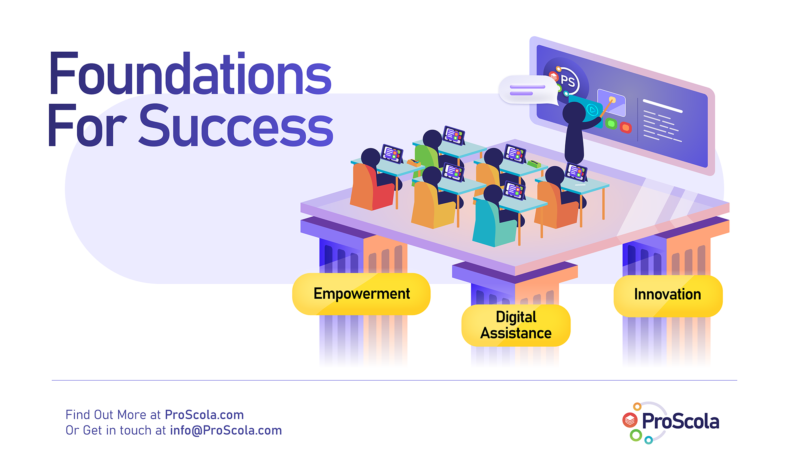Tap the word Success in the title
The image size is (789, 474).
[236, 125]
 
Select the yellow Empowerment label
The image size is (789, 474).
[361, 294]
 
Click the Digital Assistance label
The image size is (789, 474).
[516, 325]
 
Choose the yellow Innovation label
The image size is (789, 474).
[668, 296]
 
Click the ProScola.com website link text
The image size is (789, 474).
[204, 415]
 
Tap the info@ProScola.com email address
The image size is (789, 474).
[226, 431]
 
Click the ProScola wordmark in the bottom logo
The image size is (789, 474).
[681, 421]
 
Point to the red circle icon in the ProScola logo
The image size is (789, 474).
[630, 420]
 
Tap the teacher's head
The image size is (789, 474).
[574, 113]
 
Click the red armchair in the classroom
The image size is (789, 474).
[371, 187]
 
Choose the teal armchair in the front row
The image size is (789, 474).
[493, 223]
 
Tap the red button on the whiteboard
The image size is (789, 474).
[626, 127]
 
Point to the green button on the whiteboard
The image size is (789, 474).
[611, 124]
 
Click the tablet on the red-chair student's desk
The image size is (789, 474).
[392, 153]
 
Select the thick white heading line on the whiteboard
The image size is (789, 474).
[663, 106]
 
